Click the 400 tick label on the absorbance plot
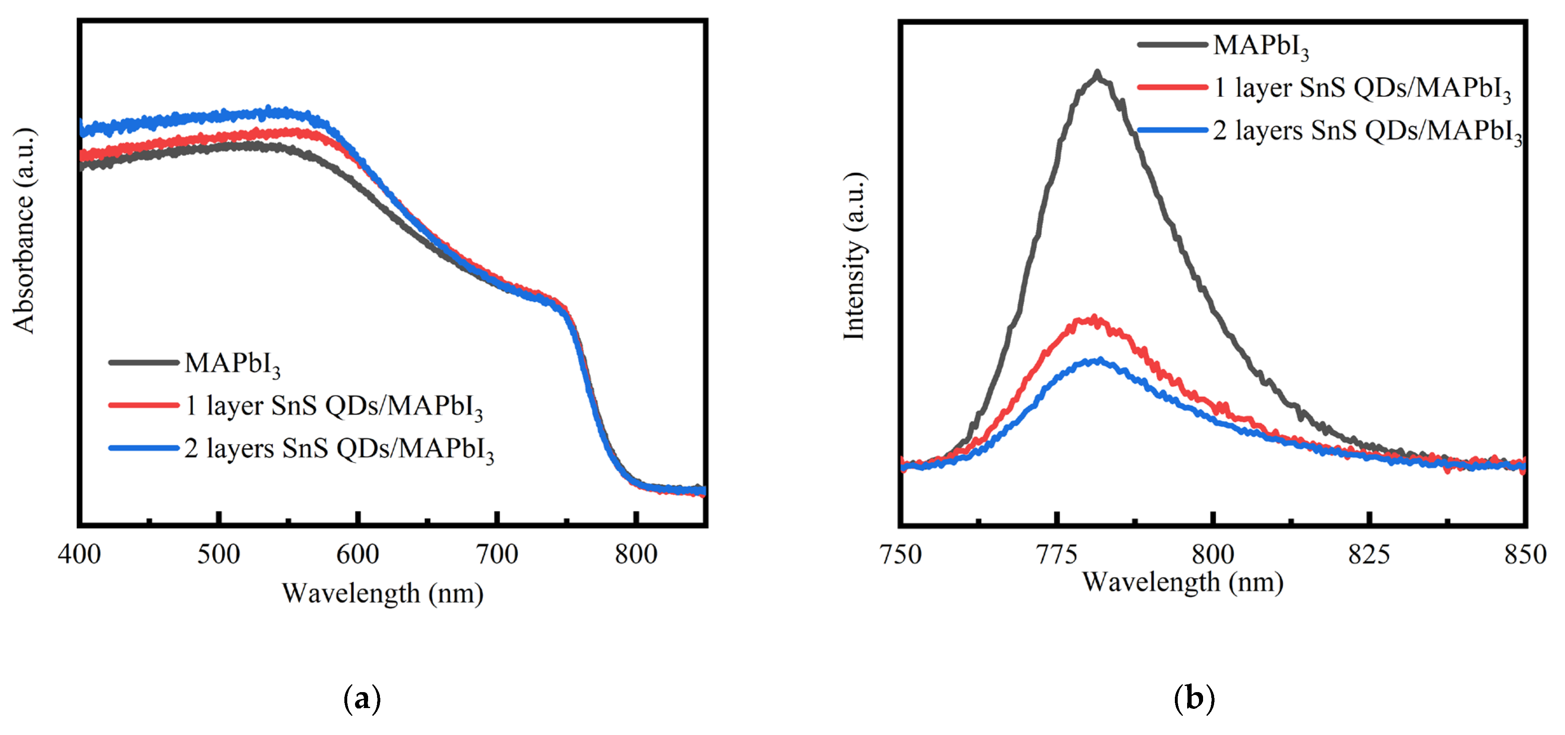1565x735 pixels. tap(80, 554)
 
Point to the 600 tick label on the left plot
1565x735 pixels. tap(358, 554)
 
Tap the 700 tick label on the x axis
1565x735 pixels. tap(497, 554)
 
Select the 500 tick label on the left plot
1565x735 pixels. tap(219, 554)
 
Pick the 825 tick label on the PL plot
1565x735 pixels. tap(1369, 554)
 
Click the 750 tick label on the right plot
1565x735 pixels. tap(901, 554)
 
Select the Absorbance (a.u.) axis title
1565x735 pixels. tap(24, 231)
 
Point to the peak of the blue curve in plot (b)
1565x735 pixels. tap(1098, 361)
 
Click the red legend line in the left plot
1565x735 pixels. tap(144, 405)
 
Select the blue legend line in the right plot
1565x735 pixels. tap(1172, 130)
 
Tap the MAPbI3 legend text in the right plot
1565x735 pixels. tap(1261, 46)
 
